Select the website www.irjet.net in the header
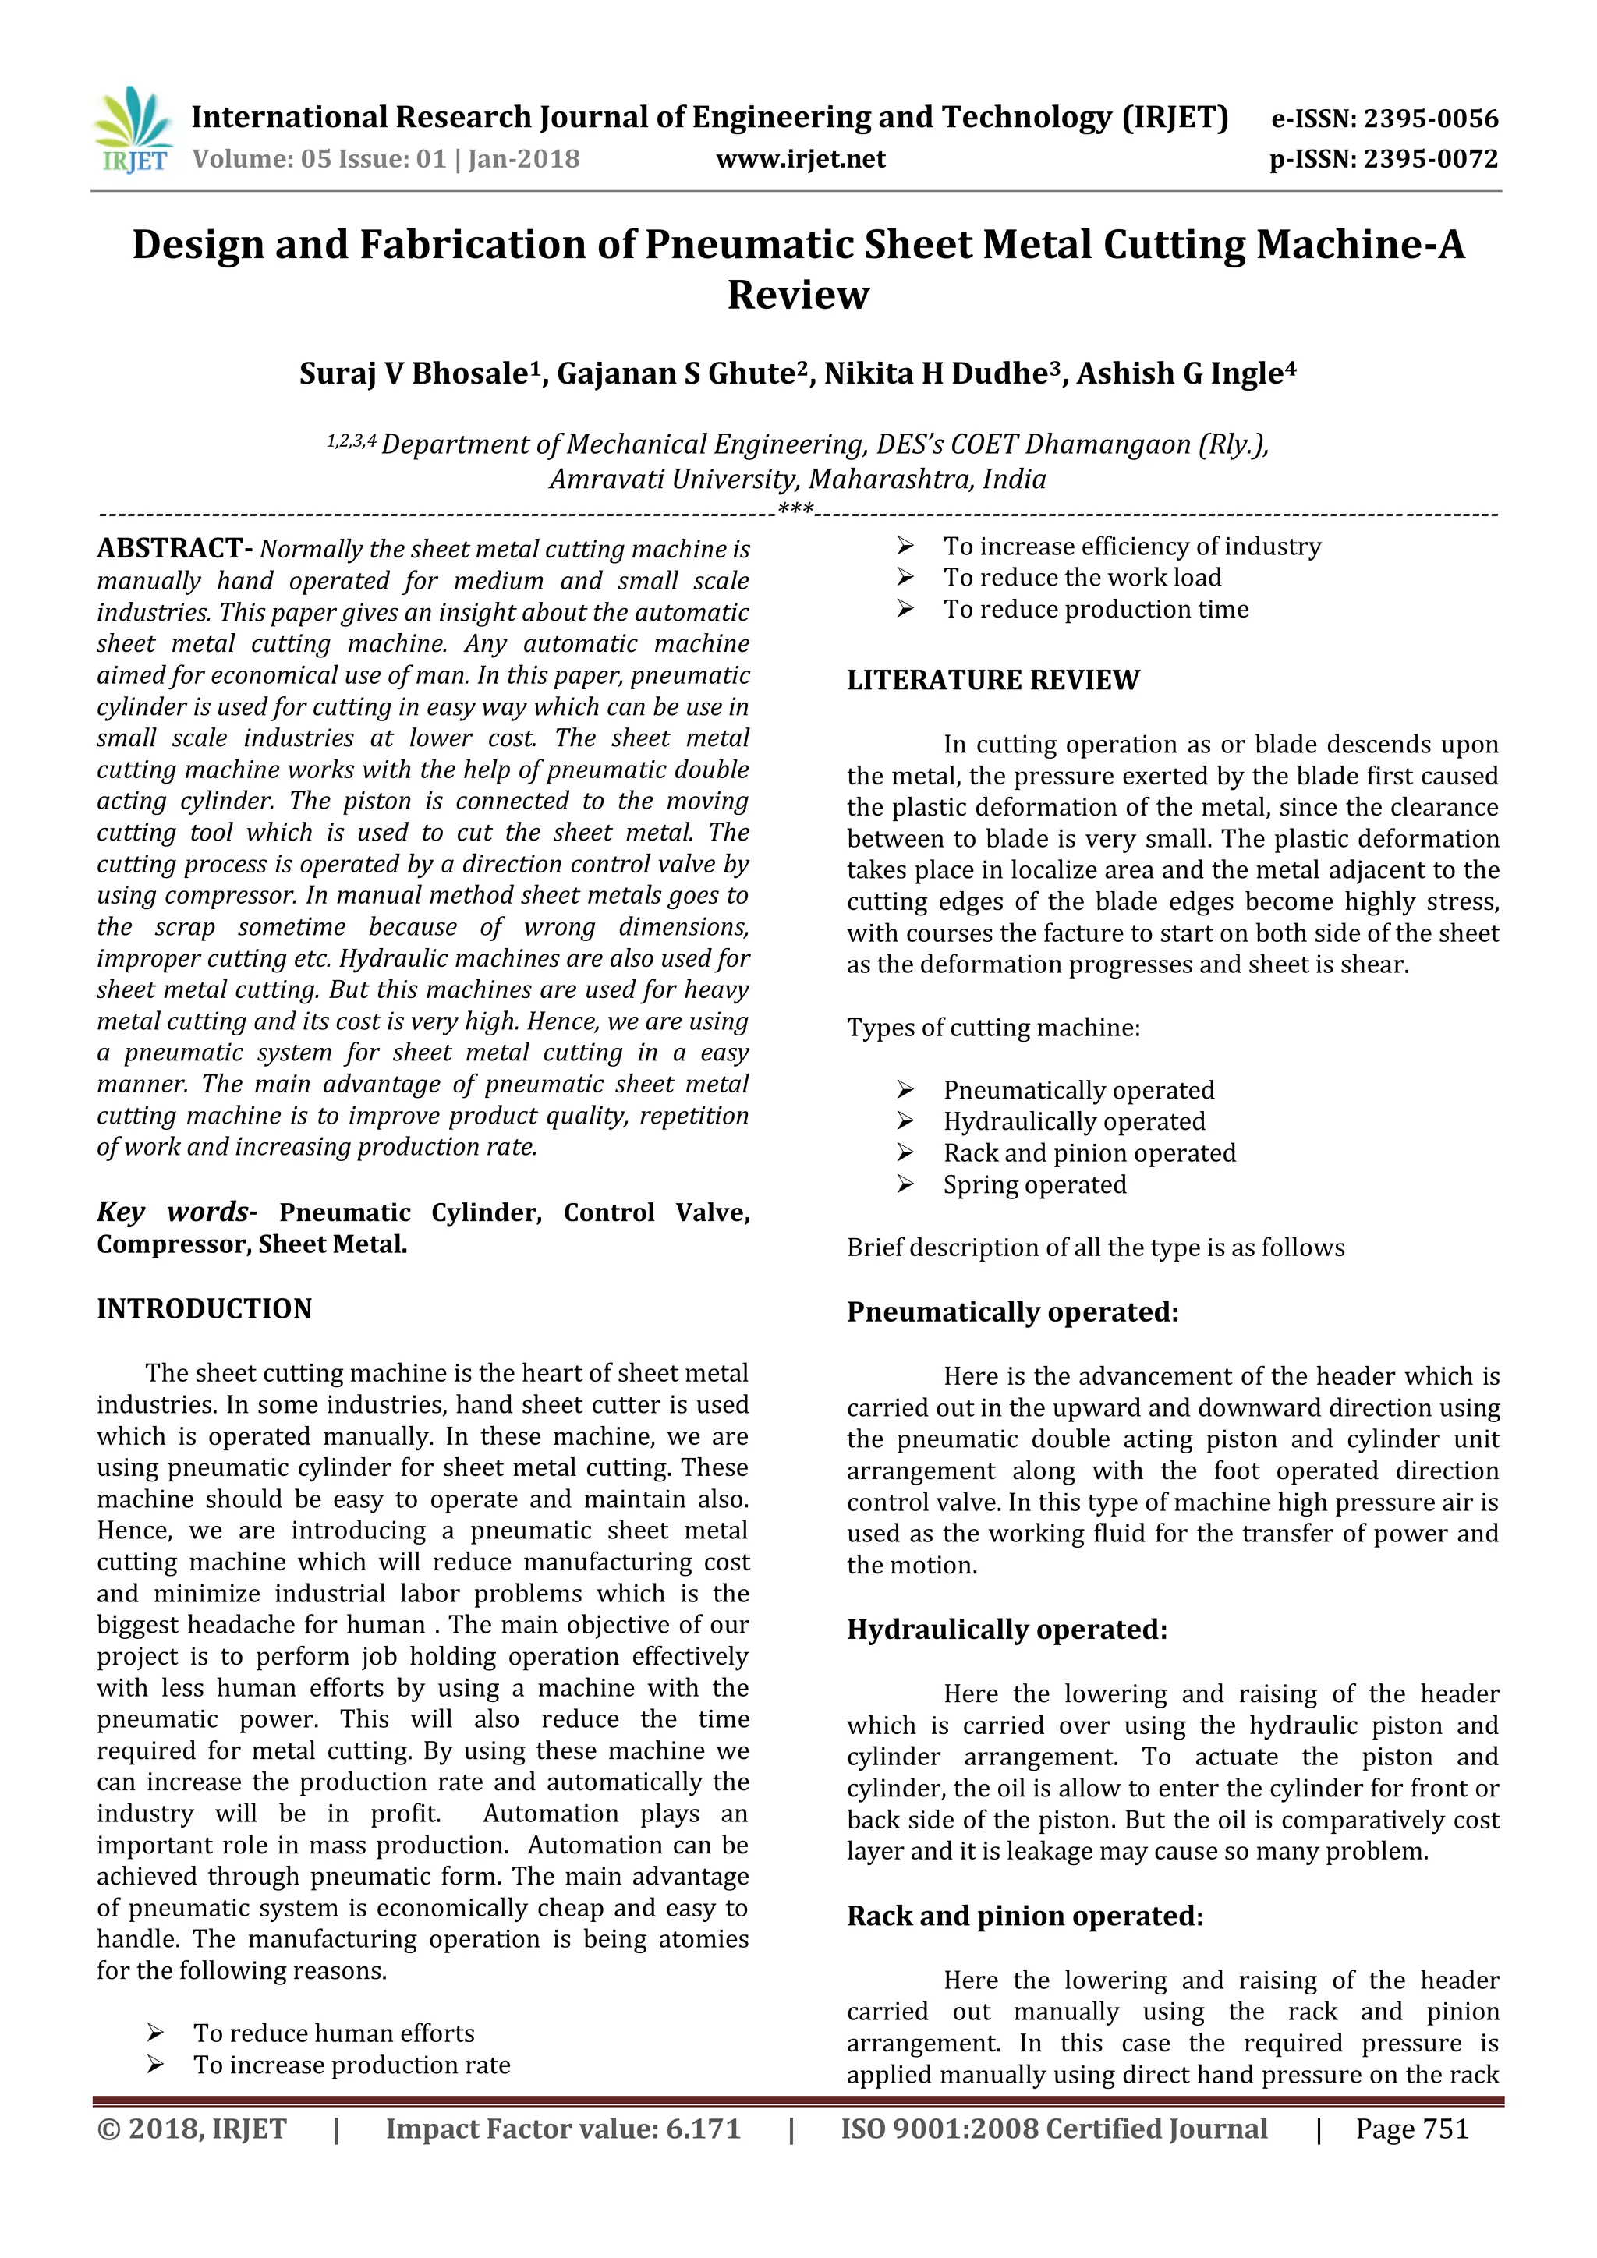[x=801, y=159]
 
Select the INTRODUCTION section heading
[x=204, y=1309]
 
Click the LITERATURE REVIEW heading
[x=993, y=681]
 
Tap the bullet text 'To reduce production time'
[x=1096, y=610]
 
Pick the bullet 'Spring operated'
[x=1035, y=1185]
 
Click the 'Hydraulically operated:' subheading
[x=1007, y=1630]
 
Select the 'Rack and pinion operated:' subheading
[x=1025, y=1916]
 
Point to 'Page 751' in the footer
[x=1411, y=2129]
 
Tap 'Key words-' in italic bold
[x=177, y=1212]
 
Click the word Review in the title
[x=798, y=295]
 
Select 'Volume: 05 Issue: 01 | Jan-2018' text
[x=385, y=159]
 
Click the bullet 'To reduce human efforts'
[x=334, y=2033]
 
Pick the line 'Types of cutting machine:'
[x=993, y=1028]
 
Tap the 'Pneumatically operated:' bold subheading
[x=1012, y=1312]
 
